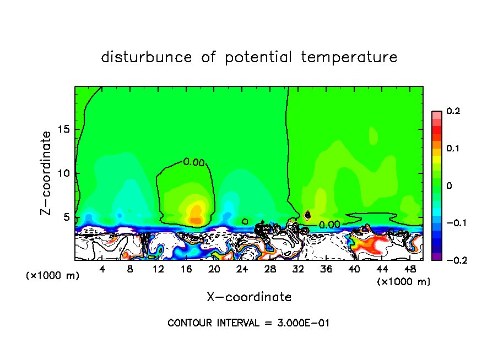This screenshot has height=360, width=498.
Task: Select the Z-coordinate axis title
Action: tap(46, 173)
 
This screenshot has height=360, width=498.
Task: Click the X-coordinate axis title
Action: tap(249, 297)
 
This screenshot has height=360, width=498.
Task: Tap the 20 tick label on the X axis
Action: tap(214, 269)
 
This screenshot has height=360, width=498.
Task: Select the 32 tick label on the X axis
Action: tap(298, 269)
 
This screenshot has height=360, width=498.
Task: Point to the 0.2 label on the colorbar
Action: tap(453, 111)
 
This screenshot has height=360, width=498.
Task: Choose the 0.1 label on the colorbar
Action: tap(453, 148)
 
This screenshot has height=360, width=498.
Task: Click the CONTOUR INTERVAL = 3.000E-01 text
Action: tap(248, 323)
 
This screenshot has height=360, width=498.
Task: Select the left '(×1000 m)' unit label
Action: tap(53, 275)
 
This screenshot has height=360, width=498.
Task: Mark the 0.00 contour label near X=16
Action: tap(194, 162)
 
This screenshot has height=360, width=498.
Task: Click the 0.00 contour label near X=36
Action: tap(329, 225)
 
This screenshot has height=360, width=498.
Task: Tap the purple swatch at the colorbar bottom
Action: tap(436, 256)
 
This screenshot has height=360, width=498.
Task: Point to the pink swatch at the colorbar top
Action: tap(436, 114)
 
